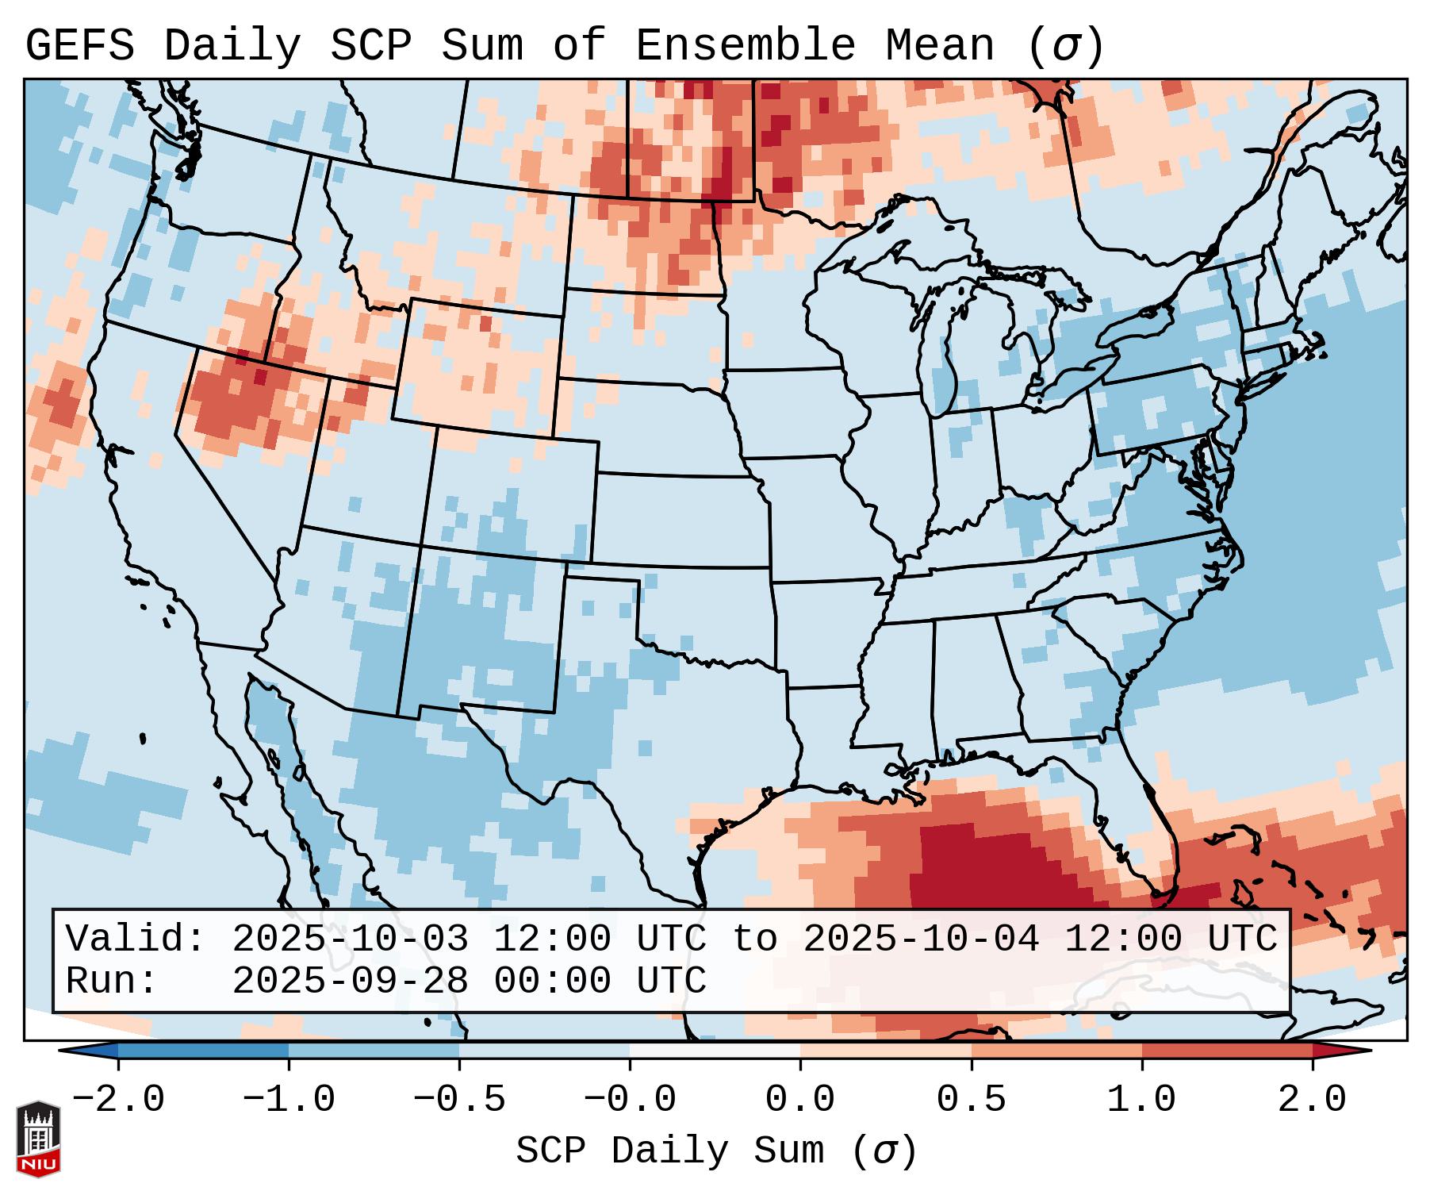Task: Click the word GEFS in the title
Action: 79,46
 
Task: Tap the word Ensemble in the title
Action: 745,46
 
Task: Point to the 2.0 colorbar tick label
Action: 1312,1099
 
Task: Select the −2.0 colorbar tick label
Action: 118,1099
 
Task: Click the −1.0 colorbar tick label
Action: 289,1099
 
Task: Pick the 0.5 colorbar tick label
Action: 971,1099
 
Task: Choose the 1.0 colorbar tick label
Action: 1141,1099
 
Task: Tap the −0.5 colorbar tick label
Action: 459,1099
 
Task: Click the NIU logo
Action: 38,1139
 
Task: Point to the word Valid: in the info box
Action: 136,939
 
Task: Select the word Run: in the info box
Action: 112,982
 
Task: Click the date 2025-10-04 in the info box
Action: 921,939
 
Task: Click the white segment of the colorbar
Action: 715,1051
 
